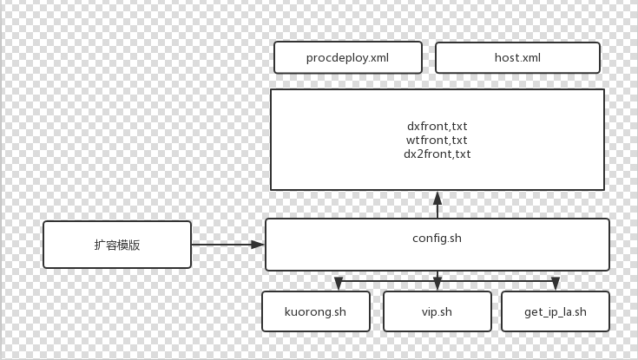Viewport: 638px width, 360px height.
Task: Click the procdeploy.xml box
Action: point(347,57)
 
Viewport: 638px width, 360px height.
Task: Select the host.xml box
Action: point(517,57)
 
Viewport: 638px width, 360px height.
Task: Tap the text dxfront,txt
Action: point(437,126)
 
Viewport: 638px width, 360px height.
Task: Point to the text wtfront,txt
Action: point(437,140)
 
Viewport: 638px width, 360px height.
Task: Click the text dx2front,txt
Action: point(437,154)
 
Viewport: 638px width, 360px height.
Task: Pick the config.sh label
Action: point(437,237)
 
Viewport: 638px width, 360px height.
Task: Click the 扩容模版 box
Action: point(117,245)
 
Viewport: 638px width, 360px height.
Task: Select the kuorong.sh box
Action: point(316,311)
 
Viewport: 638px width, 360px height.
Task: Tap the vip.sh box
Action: point(437,311)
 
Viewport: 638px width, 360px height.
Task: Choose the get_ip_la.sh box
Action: point(556,311)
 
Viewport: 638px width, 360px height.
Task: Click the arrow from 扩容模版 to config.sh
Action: point(226,245)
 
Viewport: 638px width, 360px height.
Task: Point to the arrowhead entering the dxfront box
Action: point(437,197)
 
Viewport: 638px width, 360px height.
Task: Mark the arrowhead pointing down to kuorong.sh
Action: point(339,284)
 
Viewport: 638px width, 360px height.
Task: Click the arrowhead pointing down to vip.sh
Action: point(437,284)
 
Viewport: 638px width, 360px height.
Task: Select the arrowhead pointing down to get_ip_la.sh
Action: point(556,284)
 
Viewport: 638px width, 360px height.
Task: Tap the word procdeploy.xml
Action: point(347,58)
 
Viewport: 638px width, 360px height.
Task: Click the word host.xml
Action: point(517,58)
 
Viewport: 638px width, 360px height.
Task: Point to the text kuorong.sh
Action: point(316,312)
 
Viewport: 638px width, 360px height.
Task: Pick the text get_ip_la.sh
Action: point(556,312)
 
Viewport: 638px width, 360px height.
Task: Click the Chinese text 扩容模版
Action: point(117,245)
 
